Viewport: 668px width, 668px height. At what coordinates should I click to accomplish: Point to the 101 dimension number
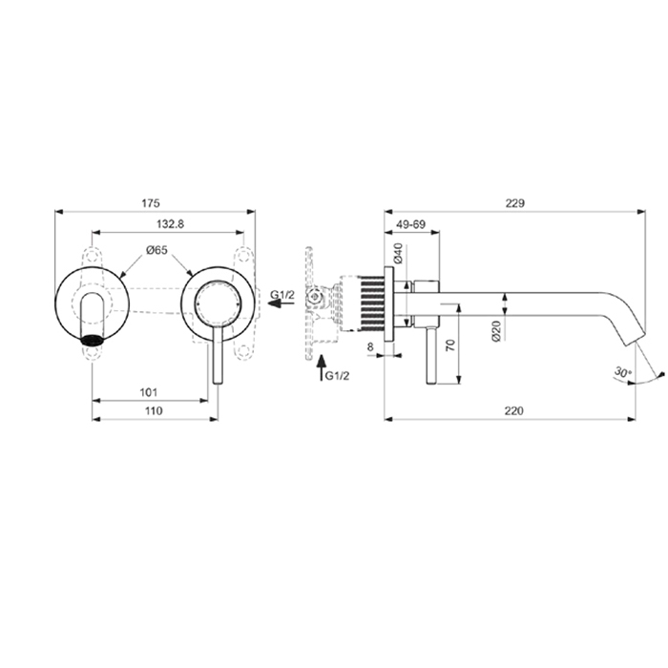click(x=148, y=392)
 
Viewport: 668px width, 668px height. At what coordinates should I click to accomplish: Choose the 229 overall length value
click(x=516, y=203)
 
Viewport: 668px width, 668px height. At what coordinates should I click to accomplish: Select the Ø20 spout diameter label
click(x=496, y=330)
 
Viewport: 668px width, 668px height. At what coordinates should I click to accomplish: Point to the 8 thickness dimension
click(x=370, y=349)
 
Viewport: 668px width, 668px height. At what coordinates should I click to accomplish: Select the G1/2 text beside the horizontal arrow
click(x=282, y=295)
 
